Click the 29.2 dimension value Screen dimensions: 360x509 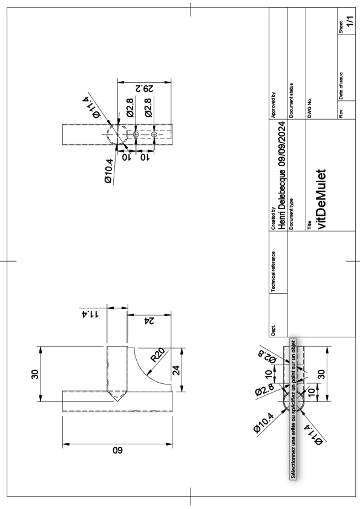(x=144, y=88)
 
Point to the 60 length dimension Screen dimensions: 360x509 (x=117, y=450)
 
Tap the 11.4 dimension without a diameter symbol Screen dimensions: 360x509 (x=90, y=314)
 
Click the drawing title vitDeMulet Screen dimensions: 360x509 (x=321, y=199)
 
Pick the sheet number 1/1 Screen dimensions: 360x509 (x=350, y=21)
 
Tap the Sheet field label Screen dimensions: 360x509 (x=341, y=27)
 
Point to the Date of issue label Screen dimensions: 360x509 (x=341, y=86)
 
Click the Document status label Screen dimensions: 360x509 (x=291, y=100)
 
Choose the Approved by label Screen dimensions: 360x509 (x=273, y=105)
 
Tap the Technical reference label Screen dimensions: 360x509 (x=273, y=271)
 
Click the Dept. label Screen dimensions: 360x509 (x=273, y=330)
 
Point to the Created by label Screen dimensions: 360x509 (x=273, y=218)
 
